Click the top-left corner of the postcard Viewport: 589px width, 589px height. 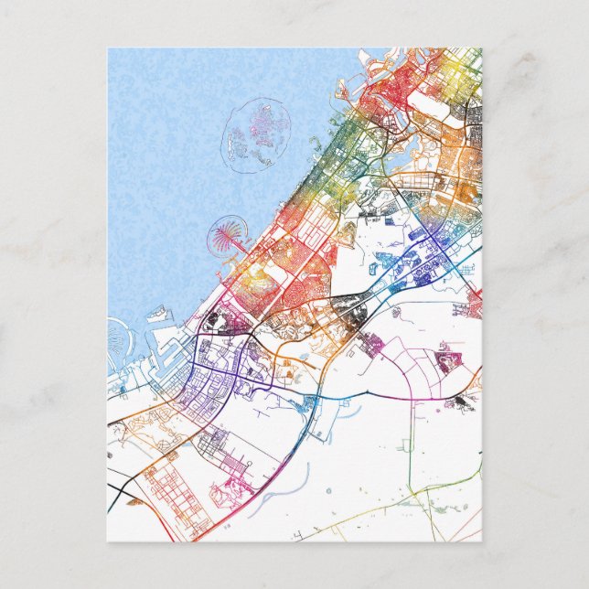click(108, 48)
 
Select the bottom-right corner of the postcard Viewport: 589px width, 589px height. click(480, 541)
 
